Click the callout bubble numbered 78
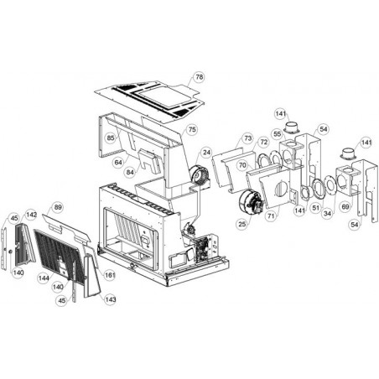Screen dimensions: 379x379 tap(199, 77)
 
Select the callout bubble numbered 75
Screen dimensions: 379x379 tap(192, 130)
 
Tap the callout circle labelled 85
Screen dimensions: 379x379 tap(111, 138)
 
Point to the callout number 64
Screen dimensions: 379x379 tap(118, 163)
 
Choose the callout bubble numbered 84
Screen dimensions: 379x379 tap(130, 172)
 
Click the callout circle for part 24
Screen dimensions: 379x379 tap(206, 153)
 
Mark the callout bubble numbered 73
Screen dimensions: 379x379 tap(248, 138)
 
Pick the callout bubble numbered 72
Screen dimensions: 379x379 tap(264, 142)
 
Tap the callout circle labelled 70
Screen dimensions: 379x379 tap(242, 165)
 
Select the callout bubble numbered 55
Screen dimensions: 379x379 tap(278, 134)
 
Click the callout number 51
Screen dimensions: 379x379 tap(316, 208)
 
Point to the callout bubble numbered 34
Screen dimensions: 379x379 tap(327, 214)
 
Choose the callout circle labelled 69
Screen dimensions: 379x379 tap(345, 207)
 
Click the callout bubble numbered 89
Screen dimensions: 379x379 tap(58, 207)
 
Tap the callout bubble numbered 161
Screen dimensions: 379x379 tap(110, 275)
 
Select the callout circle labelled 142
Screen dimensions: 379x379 tap(31, 215)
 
